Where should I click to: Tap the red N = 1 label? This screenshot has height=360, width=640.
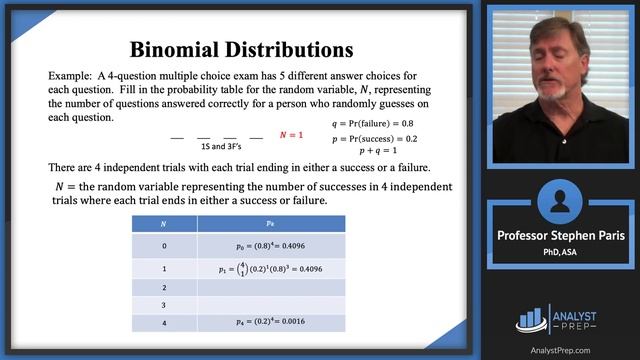click(x=291, y=134)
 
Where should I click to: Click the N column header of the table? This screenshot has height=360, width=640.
click(x=164, y=226)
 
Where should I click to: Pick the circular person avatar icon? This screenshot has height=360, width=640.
click(x=559, y=201)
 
